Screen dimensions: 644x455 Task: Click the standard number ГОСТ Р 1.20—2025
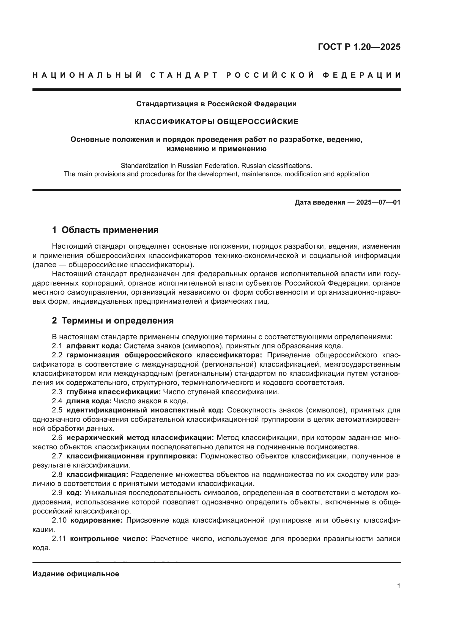359,47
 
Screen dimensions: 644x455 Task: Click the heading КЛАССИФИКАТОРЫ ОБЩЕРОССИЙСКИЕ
216,122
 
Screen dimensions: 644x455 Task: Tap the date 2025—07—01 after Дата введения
378,203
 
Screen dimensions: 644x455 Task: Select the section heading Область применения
110,230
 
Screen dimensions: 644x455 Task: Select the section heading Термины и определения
117,320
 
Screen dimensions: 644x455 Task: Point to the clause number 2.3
57,392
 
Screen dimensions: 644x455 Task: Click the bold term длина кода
89,401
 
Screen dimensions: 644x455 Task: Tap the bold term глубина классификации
113,392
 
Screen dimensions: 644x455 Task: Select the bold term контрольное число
109,539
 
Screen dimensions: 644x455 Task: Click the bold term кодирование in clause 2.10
96,520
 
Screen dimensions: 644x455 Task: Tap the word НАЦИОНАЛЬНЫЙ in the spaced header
87,75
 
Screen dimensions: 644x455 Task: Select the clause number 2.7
57,456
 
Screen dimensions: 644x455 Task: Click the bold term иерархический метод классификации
140,438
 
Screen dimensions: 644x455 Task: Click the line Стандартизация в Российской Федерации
216,104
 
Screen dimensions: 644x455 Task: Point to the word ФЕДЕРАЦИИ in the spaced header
361,75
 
